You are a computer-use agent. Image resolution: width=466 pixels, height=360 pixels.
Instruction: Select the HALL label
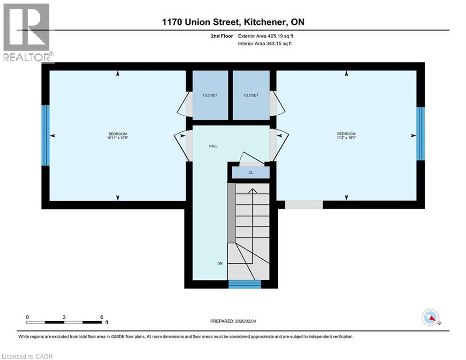tap(213, 146)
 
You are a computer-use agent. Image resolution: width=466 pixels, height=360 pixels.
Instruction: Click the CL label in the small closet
tap(251, 172)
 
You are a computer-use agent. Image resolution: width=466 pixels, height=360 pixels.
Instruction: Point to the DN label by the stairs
tap(220, 263)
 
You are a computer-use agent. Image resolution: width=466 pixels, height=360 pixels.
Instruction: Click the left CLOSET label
tap(210, 95)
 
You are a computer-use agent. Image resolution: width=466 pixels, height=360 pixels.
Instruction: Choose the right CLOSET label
tap(251, 95)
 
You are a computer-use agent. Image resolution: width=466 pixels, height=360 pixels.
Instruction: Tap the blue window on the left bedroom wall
tap(45, 135)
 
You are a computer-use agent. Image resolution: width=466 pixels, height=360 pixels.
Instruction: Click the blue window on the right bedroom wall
tap(421, 134)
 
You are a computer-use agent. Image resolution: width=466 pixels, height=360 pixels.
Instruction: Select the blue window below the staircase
tap(244, 284)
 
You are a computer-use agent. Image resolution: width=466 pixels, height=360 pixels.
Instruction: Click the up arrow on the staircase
tap(252, 191)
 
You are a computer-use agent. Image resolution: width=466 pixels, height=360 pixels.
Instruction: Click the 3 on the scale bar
tap(64, 317)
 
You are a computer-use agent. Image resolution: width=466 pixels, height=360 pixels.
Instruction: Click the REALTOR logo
tap(27, 32)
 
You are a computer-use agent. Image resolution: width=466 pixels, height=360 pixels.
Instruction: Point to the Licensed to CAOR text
tap(27, 356)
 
